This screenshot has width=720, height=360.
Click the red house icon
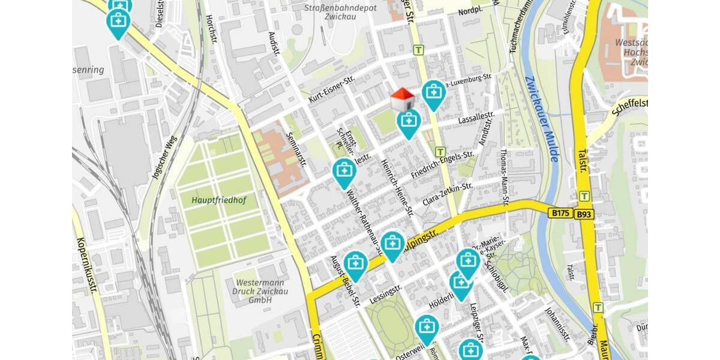[402, 99]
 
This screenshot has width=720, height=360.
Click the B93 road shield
[583, 214]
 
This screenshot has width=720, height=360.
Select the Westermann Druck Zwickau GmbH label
[260, 291]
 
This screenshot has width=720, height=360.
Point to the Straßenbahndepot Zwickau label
[340, 12]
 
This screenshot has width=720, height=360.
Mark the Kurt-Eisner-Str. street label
[332, 89]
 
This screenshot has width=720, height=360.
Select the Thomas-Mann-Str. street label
[505, 177]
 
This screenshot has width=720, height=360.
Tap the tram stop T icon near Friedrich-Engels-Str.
[440, 152]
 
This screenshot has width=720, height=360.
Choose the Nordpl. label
[470, 12]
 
